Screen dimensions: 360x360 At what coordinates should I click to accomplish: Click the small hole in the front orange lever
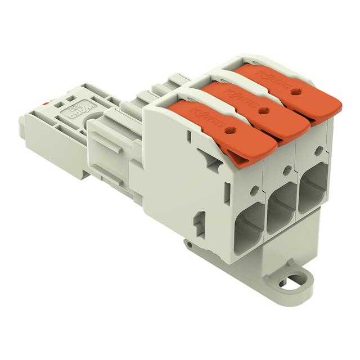pos(229,129)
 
